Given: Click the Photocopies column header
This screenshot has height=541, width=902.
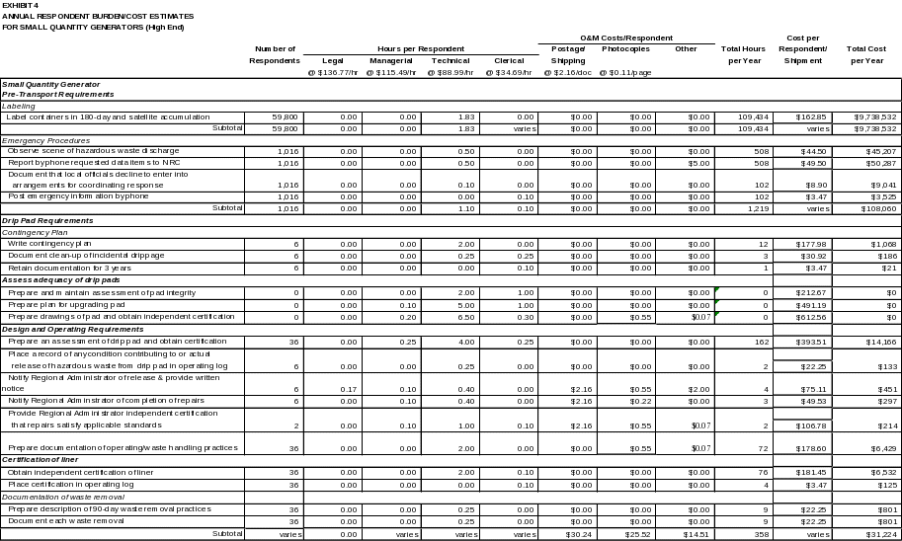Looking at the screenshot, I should (625, 48).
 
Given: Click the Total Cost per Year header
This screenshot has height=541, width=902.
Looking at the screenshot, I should (866, 54).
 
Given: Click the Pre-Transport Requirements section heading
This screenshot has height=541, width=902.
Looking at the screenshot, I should (59, 94).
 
